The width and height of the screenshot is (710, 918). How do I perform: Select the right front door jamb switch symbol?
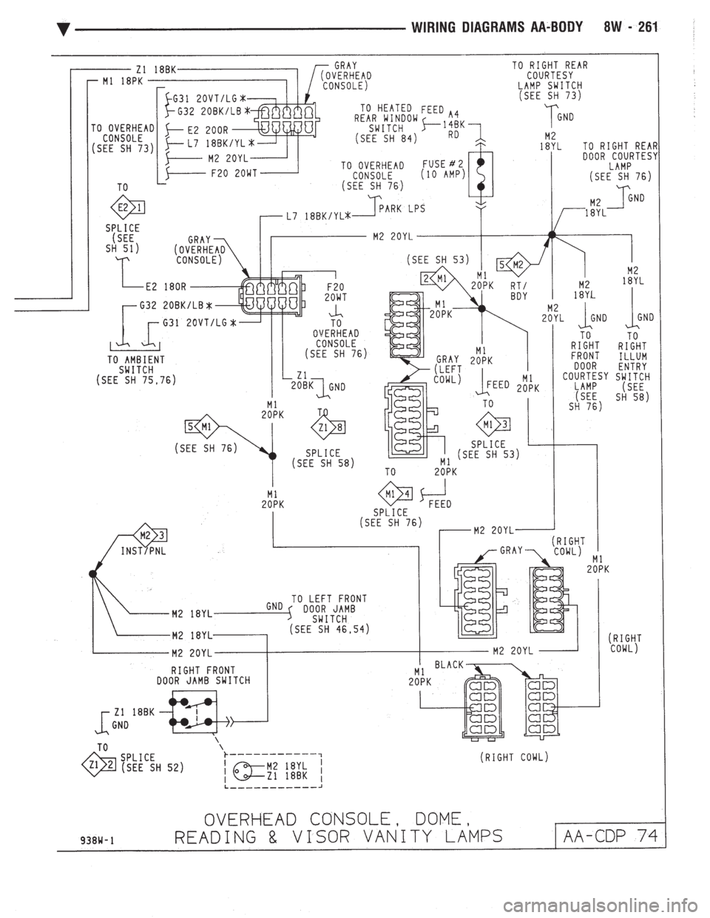[195, 712]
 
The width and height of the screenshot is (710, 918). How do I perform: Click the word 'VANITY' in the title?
[400, 837]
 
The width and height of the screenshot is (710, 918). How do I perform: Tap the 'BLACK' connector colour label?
[448, 664]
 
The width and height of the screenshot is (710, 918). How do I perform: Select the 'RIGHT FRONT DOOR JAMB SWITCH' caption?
[203, 674]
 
